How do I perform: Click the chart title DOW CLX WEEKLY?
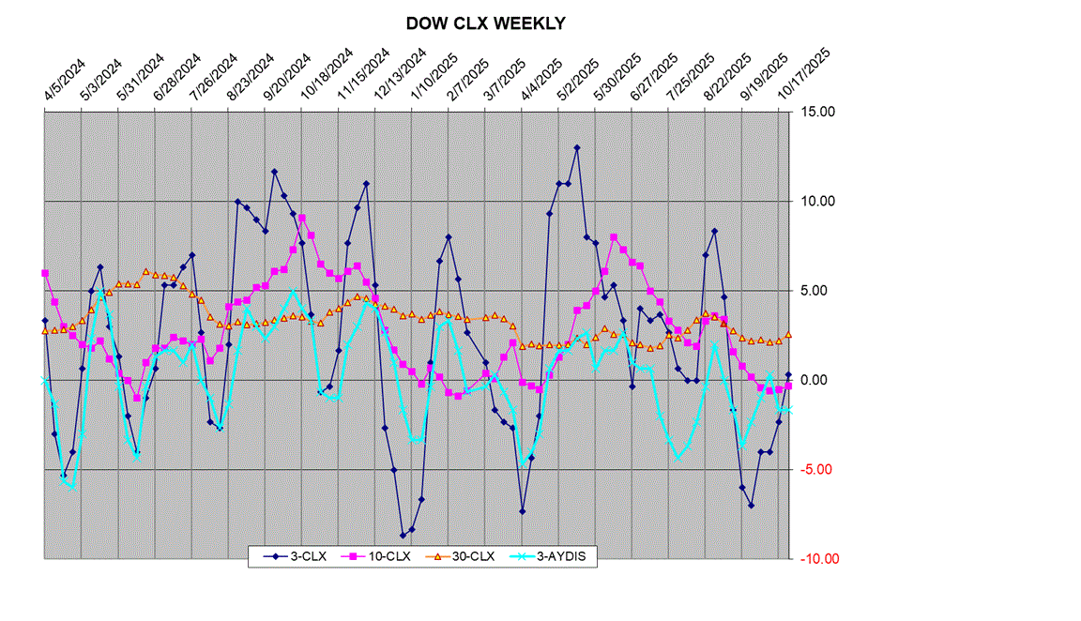click(485, 23)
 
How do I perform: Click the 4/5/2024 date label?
click(64, 81)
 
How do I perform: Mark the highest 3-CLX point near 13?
click(577, 147)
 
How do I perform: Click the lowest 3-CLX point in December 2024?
click(403, 535)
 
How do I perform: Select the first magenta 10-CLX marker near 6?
click(45, 273)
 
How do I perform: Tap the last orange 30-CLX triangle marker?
click(788, 335)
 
